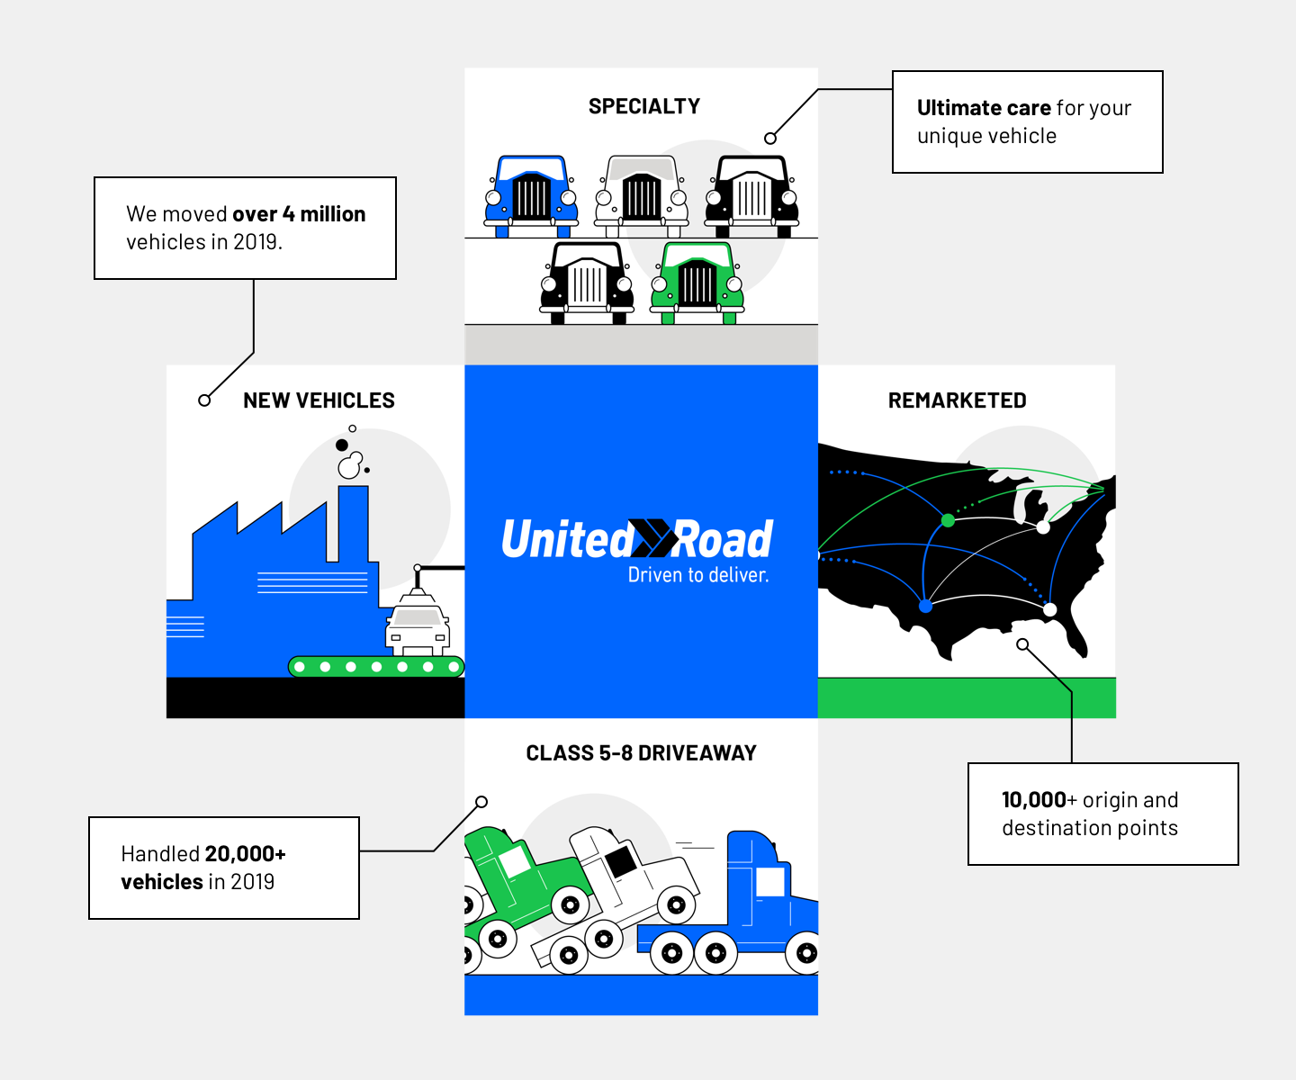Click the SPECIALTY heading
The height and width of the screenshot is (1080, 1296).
[643, 106]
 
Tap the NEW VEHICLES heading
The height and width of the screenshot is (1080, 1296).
[319, 400]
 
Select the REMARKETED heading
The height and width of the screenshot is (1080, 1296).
[957, 400]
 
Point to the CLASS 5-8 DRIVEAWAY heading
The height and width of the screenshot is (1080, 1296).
[641, 753]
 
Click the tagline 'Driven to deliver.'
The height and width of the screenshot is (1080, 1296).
[698, 575]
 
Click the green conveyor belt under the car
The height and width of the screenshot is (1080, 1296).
[376, 667]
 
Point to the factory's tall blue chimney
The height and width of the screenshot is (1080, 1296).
[353, 524]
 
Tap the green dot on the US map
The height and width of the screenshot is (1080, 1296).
[948, 520]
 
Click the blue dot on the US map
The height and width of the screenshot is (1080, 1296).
[925, 607]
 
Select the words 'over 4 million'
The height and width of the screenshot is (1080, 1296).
[299, 214]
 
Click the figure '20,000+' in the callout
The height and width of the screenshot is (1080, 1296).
[245, 854]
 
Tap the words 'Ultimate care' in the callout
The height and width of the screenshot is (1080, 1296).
[984, 108]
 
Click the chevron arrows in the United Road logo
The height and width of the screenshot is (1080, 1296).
[652, 538]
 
